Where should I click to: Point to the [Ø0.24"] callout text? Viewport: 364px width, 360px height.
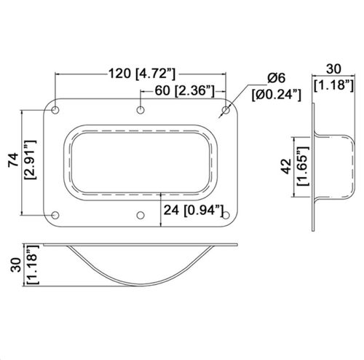(x=277, y=94)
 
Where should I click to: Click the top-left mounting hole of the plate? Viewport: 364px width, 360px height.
(x=57, y=110)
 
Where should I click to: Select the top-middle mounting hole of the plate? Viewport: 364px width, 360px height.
(x=141, y=110)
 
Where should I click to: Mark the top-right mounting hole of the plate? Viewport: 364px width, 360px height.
(x=225, y=110)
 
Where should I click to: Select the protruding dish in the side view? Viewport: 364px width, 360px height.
(x=338, y=168)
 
